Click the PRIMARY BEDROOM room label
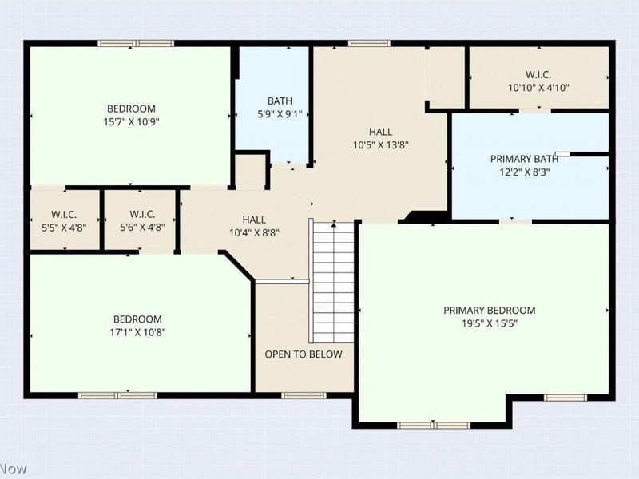[x=489, y=311]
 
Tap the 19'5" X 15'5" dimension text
[x=490, y=324]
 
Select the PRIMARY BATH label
[x=524, y=159]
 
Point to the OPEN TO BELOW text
[x=304, y=354]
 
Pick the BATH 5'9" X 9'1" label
[x=280, y=108]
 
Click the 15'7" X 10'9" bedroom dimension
[x=131, y=122]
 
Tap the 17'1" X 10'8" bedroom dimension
[x=137, y=332]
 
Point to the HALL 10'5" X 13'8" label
[x=381, y=138]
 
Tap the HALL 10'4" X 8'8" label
[x=254, y=227]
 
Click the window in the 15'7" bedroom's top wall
[x=136, y=44]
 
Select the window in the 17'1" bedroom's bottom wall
[x=117, y=395]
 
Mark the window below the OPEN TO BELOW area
[x=304, y=395]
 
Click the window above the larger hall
[x=369, y=44]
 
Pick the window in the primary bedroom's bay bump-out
[x=434, y=426]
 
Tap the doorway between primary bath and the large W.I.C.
[x=535, y=110]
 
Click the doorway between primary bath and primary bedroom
[x=516, y=221]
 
